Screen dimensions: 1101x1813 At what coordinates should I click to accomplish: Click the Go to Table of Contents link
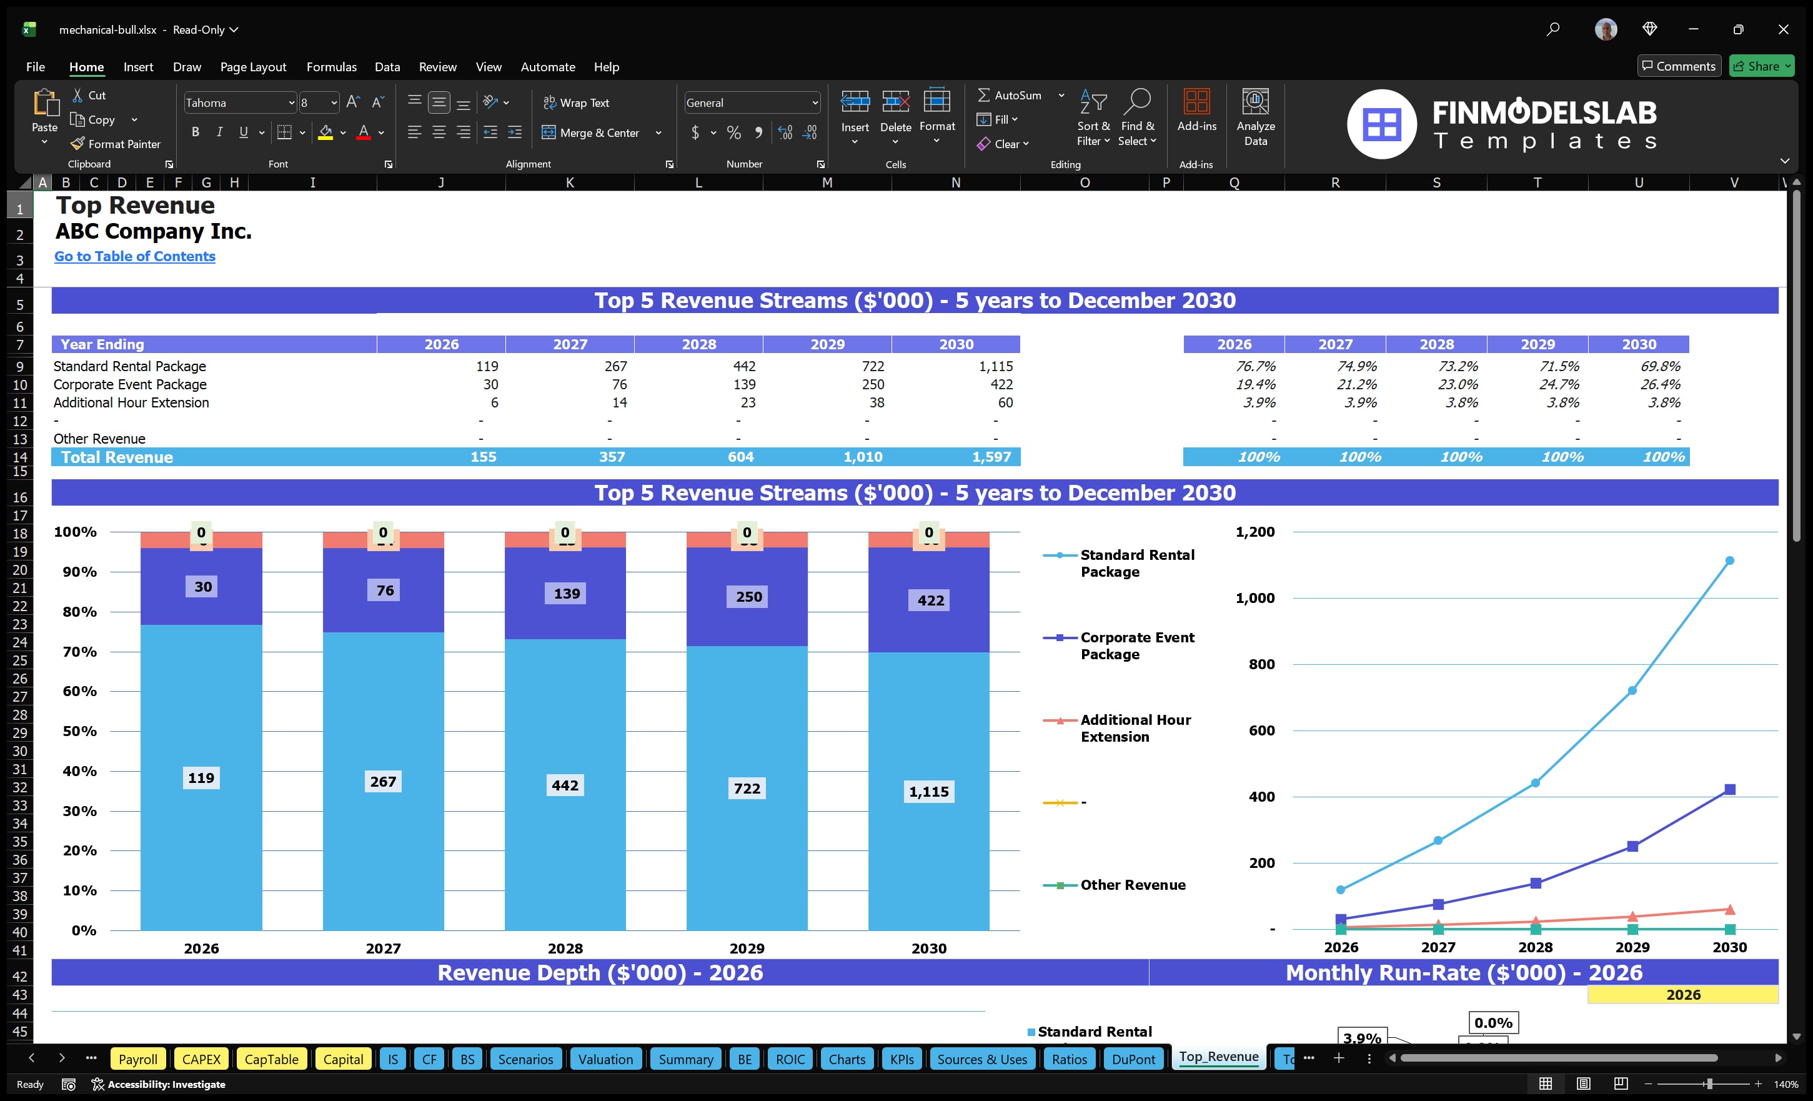135,256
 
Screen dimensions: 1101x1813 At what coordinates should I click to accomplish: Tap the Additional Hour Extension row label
131,402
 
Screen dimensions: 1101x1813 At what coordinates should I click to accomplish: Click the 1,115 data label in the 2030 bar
928,792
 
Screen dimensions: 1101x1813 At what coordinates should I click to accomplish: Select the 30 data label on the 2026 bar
202,587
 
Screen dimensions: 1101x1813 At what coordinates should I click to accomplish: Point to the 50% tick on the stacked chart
79,731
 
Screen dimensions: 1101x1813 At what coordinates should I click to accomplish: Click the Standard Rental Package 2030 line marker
1729,560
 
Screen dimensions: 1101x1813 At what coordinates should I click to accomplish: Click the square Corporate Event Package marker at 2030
1729,790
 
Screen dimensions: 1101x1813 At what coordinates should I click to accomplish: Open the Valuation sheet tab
605,1059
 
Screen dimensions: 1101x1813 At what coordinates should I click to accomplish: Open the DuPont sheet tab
1133,1059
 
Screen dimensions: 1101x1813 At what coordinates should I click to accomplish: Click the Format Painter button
116,144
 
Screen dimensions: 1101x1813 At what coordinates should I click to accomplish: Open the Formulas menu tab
331,67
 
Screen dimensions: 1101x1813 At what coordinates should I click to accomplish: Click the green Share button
1760,66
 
